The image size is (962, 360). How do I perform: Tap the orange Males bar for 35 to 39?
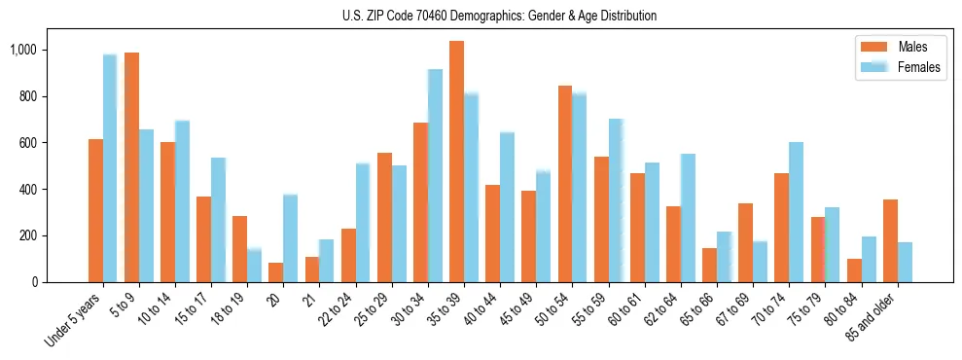pyautogui.click(x=456, y=162)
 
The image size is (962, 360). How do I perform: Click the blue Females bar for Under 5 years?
pyautogui.click(x=110, y=168)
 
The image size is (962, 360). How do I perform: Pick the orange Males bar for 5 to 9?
pyautogui.click(x=131, y=167)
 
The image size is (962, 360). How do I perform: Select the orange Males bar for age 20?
pyautogui.click(x=276, y=272)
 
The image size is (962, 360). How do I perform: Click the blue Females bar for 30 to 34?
pyautogui.click(x=435, y=176)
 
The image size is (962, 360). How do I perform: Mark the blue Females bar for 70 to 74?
pyautogui.click(x=796, y=212)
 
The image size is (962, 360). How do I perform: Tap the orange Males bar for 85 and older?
pyautogui.click(x=890, y=241)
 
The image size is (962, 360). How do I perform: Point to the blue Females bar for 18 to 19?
pyautogui.click(x=254, y=266)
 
